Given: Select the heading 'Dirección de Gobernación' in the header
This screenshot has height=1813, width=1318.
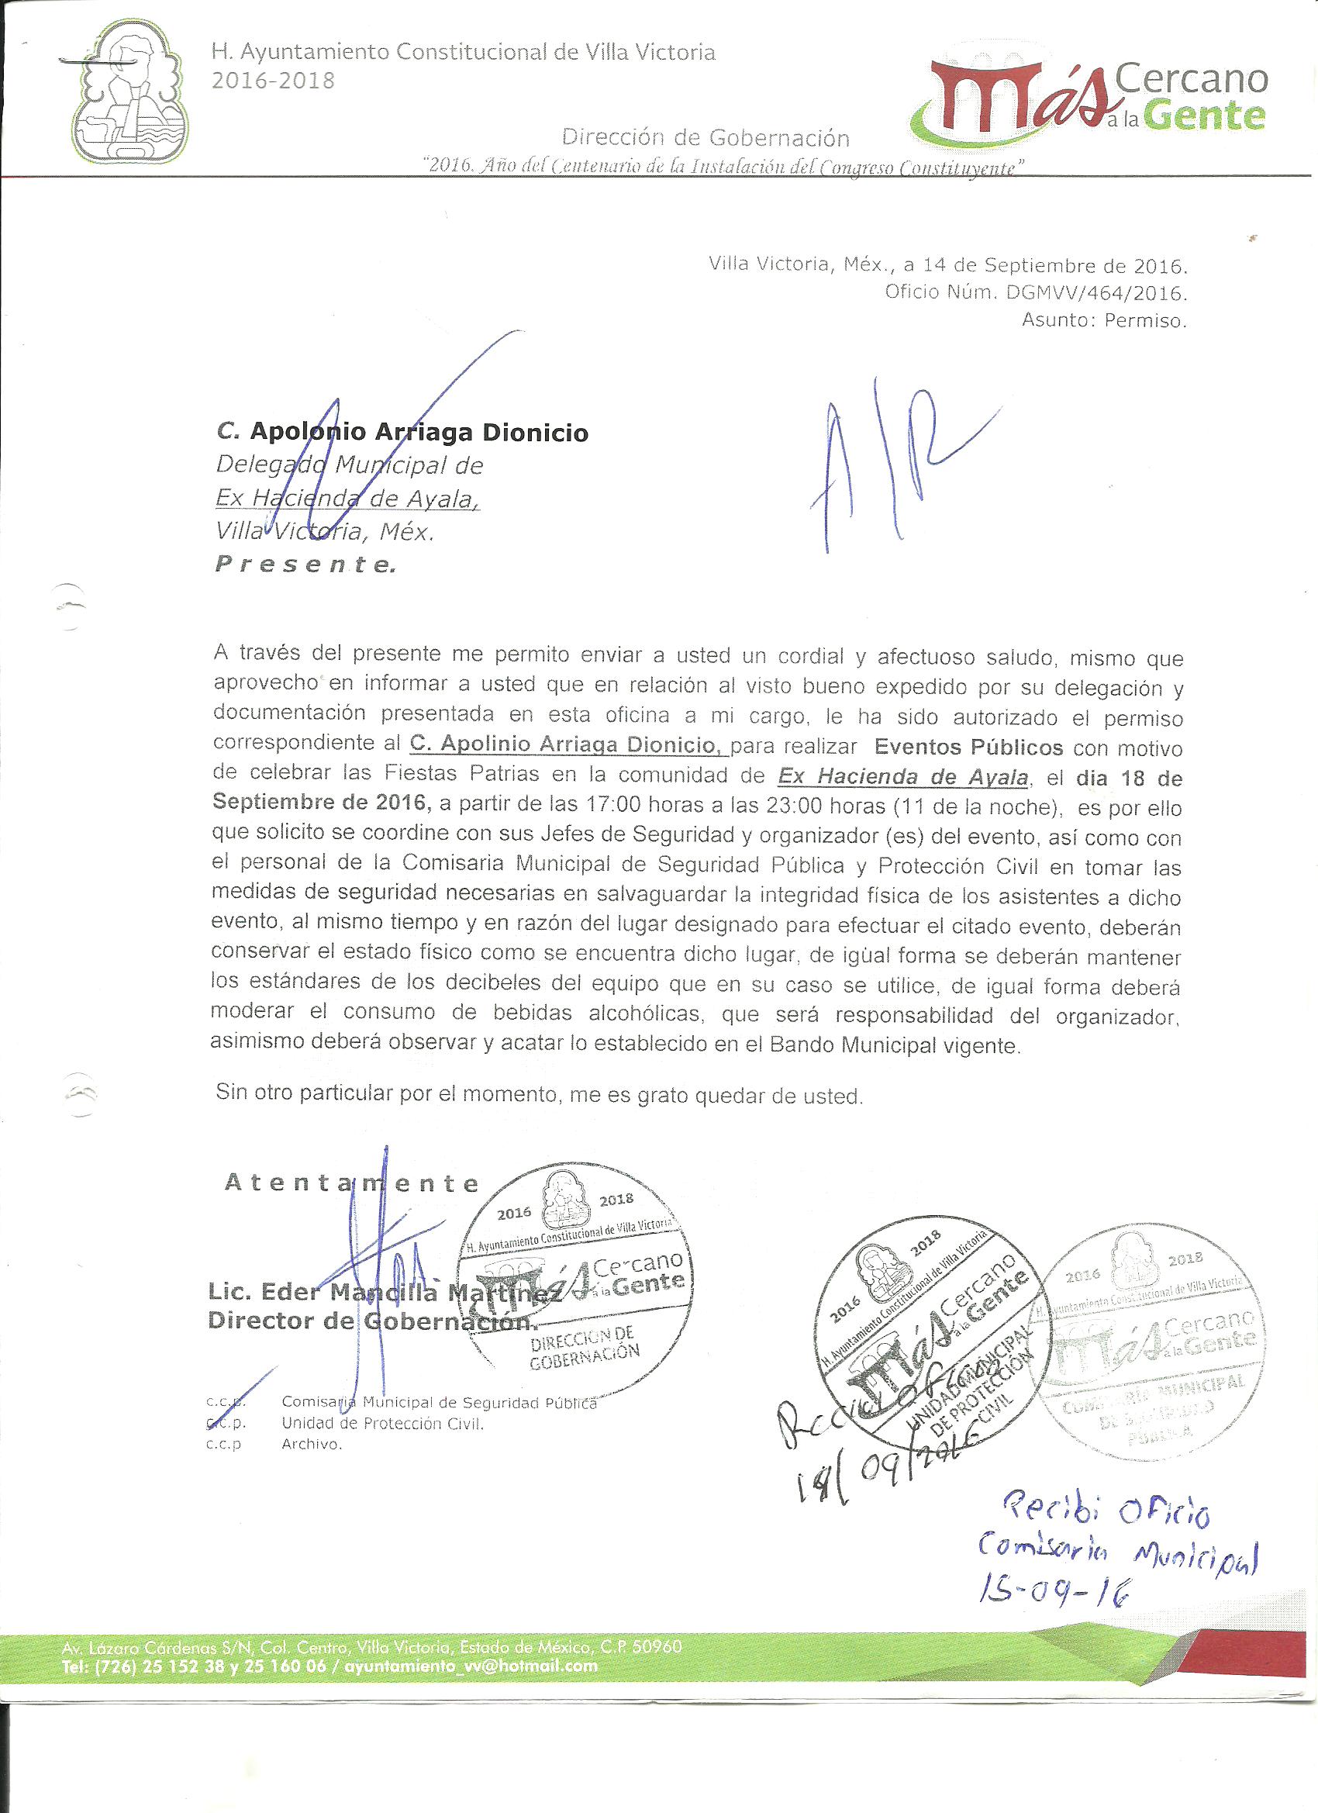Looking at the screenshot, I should tap(705, 137).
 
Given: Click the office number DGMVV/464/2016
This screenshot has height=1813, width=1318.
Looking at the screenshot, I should tap(1096, 292).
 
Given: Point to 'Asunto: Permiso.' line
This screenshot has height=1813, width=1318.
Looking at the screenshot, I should tap(1104, 321).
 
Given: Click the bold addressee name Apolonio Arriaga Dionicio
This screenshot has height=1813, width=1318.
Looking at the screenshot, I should tap(419, 433).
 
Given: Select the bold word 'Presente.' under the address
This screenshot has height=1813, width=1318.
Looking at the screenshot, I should tap(305, 565).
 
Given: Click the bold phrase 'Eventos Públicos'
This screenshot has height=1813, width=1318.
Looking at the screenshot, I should tap(968, 748).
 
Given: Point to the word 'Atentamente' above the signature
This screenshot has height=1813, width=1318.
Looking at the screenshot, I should tap(352, 1183).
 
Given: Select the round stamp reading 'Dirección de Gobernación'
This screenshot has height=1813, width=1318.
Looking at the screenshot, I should tap(574, 1274).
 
